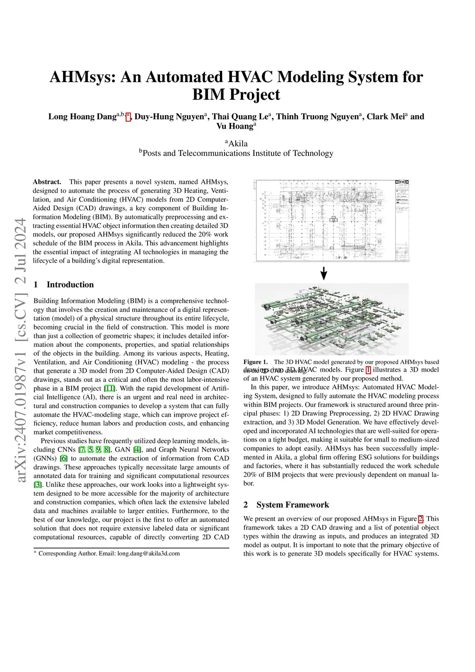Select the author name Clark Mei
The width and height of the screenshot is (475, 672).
tap(385, 117)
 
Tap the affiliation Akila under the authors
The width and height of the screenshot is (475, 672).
tap(238, 143)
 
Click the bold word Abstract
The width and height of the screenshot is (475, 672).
tap(47, 182)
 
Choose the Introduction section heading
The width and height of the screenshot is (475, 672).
tap(70, 284)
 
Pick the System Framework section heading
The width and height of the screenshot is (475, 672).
tap(292, 505)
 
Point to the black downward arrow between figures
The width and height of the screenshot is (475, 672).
tap(324, 273)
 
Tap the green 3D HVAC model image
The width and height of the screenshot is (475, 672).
tap(332, 319)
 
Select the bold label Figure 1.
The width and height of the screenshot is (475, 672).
tap(256, 362)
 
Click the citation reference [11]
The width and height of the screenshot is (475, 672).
tap(109, 388)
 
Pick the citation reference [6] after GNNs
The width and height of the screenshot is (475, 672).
tap(64, 459)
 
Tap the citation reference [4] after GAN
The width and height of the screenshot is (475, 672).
tap(137, 450)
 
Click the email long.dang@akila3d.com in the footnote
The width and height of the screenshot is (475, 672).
tap(148, 554)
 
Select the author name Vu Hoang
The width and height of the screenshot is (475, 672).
tap(235, 126)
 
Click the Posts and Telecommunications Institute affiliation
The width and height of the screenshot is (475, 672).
tap(237, 153)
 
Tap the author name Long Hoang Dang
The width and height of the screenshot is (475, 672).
tap(82, 117)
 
